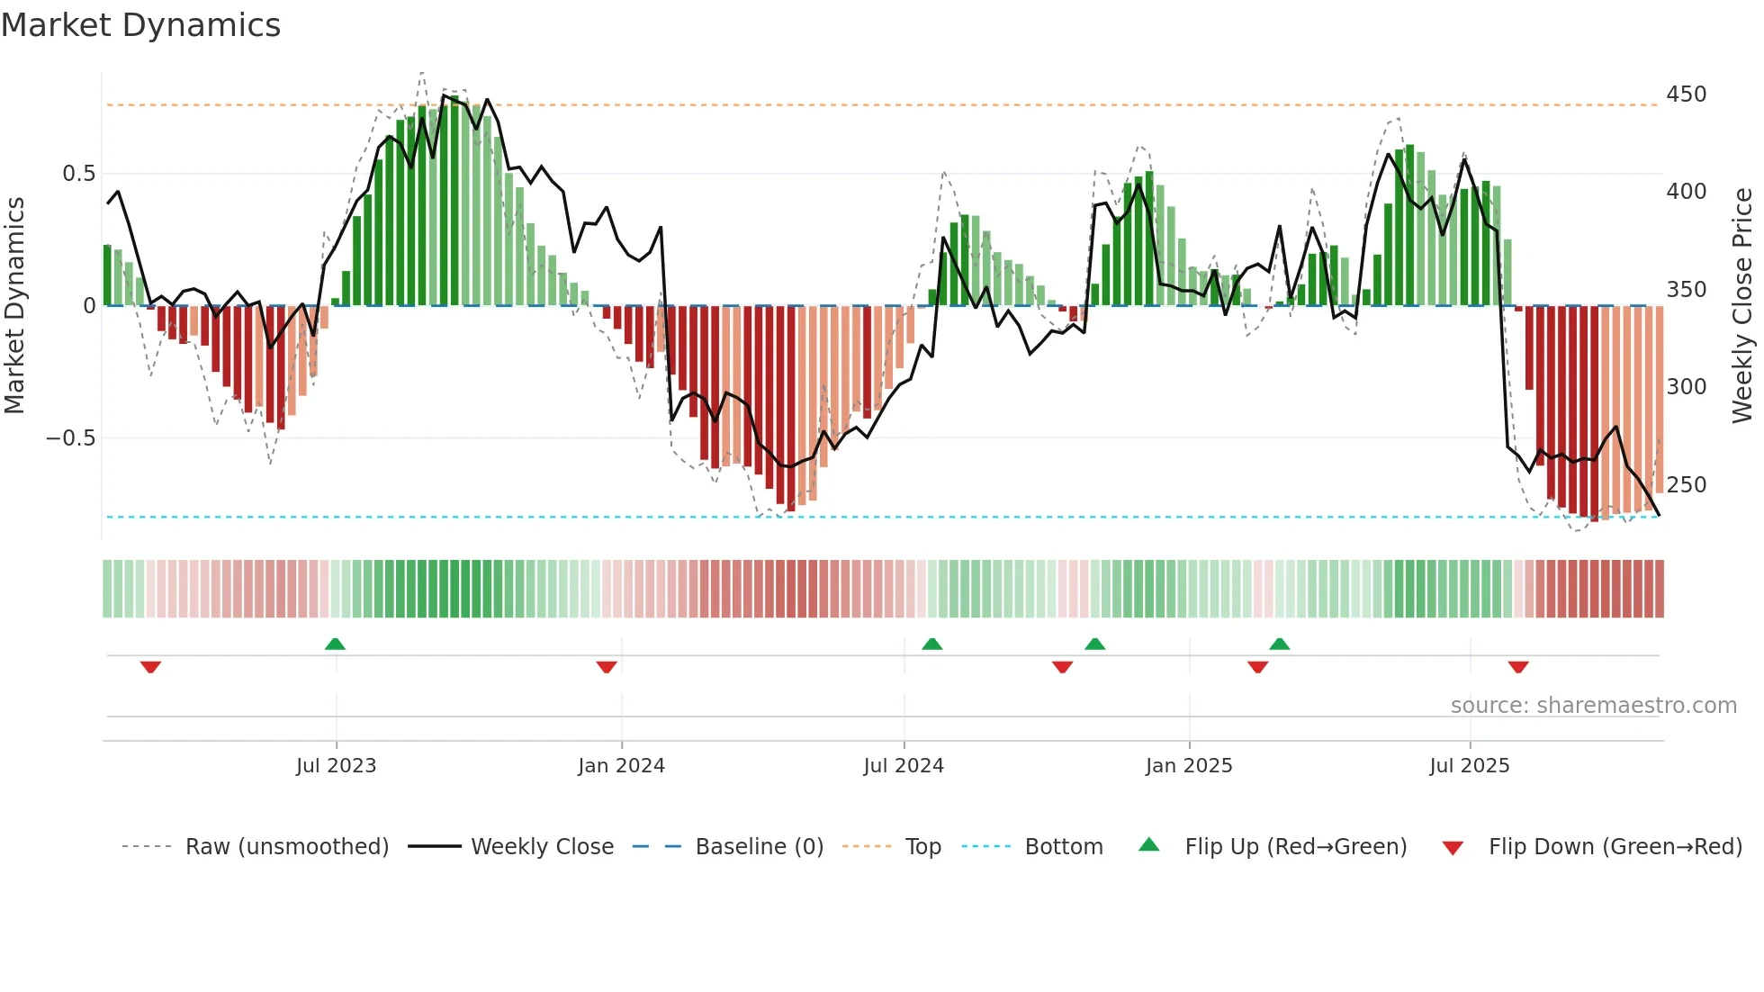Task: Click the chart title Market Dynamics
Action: (141, 25)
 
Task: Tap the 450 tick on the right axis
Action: (1686, 95)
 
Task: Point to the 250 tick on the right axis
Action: (1686, 485)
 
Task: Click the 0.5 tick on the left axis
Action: (78, 174)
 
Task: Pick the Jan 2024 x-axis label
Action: (621, 766)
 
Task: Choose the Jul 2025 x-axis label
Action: (1469, 766)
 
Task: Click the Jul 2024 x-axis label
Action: (904, 766)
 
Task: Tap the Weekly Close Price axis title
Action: (1742, 306)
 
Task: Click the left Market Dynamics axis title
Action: (15, 306)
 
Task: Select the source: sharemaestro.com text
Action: (1593, 706)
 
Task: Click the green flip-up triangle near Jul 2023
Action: (335, 645)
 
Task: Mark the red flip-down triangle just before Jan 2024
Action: (607, 667)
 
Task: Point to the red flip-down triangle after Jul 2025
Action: (1518, 667)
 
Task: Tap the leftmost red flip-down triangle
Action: (150, 667)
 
